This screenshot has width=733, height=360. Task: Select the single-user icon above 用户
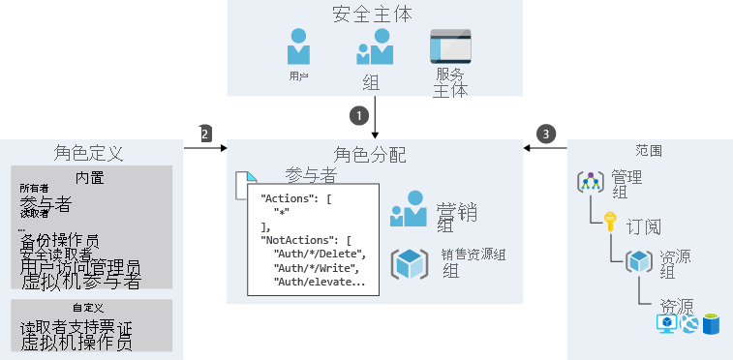(299, 45)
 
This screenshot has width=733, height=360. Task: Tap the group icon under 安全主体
(374, 46)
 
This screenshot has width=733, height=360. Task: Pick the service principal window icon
(450, 46)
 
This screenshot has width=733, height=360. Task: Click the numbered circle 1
(360, 114)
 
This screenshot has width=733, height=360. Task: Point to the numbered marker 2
(205, 134)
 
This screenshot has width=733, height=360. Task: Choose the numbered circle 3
(548, 134)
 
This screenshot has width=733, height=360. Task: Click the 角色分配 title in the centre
(370, 155)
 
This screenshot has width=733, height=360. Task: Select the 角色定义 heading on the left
(88, 153)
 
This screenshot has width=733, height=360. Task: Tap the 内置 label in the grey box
(89, 177)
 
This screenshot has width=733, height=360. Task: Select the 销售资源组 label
(474, 255)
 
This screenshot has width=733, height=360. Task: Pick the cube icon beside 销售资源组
(409, 264)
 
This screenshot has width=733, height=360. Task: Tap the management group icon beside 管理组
(591, 181)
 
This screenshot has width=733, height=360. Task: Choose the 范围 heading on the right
(649, 151)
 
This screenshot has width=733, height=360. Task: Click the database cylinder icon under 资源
(712, 323)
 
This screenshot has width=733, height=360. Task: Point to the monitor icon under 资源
(667, 323)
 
